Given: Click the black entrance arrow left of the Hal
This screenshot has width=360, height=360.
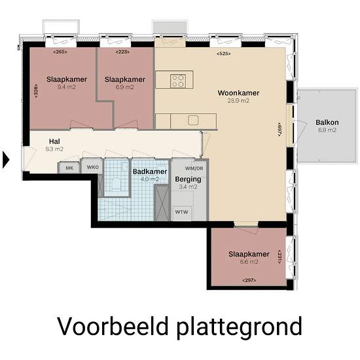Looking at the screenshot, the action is (x=6, y=160).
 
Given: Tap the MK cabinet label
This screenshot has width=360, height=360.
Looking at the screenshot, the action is (x=69, y=168).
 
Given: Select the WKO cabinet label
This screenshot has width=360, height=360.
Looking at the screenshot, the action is (x=92, y=167).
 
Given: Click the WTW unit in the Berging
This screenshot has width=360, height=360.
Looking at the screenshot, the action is (x=181, y=212).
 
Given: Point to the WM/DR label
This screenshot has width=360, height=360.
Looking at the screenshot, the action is (x=194, y=168).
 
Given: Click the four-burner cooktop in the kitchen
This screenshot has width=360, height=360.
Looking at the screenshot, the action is (x=178, y=81).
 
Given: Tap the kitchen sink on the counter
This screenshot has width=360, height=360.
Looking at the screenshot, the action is (x=193, y=120).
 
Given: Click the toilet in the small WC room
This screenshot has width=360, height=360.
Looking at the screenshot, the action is (x=116, y=184).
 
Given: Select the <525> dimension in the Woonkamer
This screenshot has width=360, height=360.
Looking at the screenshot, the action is (x=224, y=54).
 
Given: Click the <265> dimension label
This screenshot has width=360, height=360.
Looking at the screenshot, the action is (x=60, y=52).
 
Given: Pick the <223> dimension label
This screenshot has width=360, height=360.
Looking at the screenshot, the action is (x=122, y=52).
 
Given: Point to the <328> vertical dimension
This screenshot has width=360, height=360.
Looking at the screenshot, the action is (x=36, y=91).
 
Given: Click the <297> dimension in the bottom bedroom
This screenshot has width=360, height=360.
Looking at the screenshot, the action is (x=249, y=280).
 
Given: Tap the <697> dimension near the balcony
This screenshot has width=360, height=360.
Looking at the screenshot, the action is (x=279, y=129).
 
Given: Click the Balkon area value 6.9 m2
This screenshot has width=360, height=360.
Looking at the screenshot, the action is (x=327, y=130).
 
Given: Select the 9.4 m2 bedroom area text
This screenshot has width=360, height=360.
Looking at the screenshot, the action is (x=67, y=87).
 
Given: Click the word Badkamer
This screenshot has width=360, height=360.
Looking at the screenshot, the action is (x=150, y=171).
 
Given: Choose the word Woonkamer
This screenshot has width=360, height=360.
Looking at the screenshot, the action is (x=238, y=93).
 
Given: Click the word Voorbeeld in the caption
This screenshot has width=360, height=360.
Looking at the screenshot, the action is (x=113, y=326).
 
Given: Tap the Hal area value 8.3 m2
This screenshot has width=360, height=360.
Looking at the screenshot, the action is (x=54, y=149).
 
